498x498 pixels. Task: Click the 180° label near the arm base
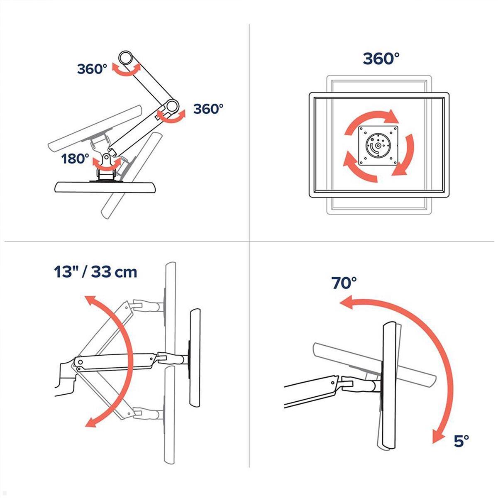click(x=75, y=159)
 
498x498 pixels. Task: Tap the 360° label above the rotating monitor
click(x=381, y=59)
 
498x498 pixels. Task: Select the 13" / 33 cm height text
click(x=95, y=272)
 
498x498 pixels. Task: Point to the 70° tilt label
click(x=344, y=283)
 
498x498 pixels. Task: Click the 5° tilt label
click(x=461, y=440)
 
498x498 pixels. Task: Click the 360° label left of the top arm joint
click(x=92, y=69)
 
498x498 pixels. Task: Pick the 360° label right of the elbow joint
click(x=208, y=109)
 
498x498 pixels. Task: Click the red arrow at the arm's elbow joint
click(x=171, y=117)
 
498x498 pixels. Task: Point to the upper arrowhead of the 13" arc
click(x=88, y=300)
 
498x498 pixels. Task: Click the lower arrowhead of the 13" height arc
click(x=89, y=422)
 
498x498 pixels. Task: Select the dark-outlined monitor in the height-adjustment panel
click(x=195, y=357)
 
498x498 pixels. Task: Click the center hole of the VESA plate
click(x=377, y=146)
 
